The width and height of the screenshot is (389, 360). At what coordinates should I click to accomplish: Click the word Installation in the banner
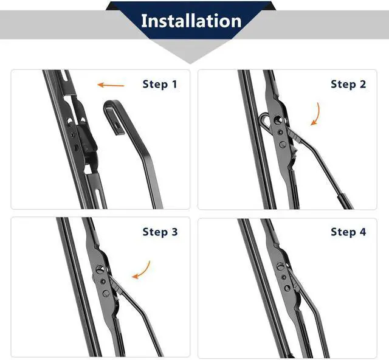coord(191,21)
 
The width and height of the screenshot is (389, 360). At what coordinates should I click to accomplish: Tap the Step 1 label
coord(159,84)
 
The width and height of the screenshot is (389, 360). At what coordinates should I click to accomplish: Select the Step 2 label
coord(348,84)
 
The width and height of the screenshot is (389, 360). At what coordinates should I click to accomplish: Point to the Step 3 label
coord(160,232)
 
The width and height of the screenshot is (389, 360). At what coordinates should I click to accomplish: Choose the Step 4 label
coord(348,232)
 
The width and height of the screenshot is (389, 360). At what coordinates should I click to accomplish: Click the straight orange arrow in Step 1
coord(111,85)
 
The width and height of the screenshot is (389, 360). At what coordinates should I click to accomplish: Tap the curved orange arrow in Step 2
coord(316,114)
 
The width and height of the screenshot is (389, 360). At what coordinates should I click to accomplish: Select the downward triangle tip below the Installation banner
coord(191,59)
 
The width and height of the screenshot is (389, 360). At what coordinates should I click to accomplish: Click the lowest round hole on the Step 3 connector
coord(106,294)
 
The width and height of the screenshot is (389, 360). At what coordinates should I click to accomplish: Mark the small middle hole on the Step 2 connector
coord(280,131)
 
